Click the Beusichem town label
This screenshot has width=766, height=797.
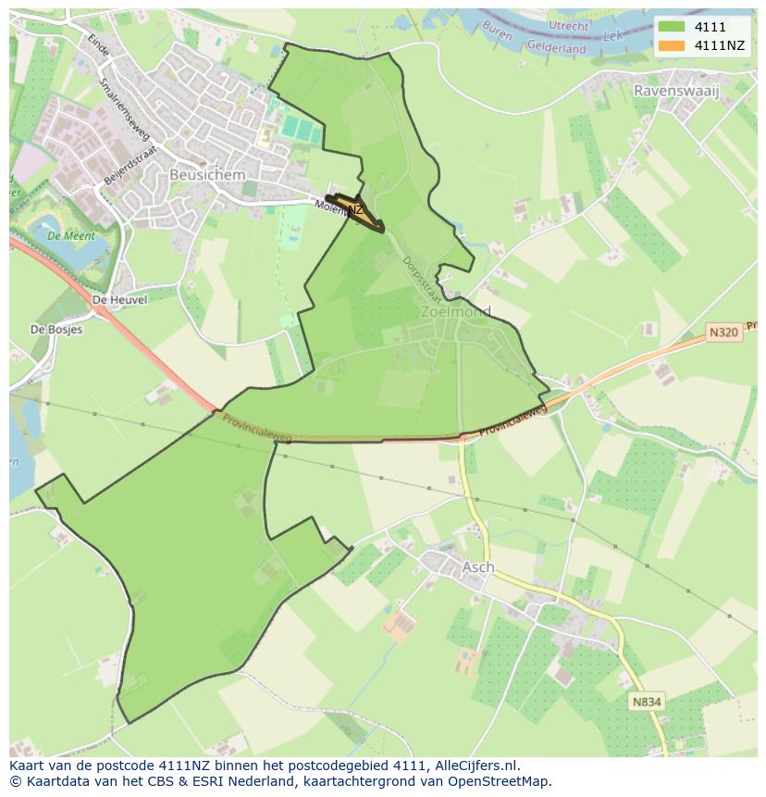pos(207,175)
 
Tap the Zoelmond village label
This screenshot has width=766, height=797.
pos(455,312)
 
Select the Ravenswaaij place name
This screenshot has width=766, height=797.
pos(676,91)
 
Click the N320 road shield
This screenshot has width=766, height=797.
pos(724,332)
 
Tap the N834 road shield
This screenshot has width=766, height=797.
pos(647,702)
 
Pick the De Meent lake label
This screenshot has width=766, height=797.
pos(66,235)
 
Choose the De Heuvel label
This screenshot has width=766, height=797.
pos(120,300)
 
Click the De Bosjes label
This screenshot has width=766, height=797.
pos(56,330)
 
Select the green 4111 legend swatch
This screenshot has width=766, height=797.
pos(673,27)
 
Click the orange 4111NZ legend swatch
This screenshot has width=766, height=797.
pos(673,45)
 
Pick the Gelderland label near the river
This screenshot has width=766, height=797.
pos(557,47)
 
